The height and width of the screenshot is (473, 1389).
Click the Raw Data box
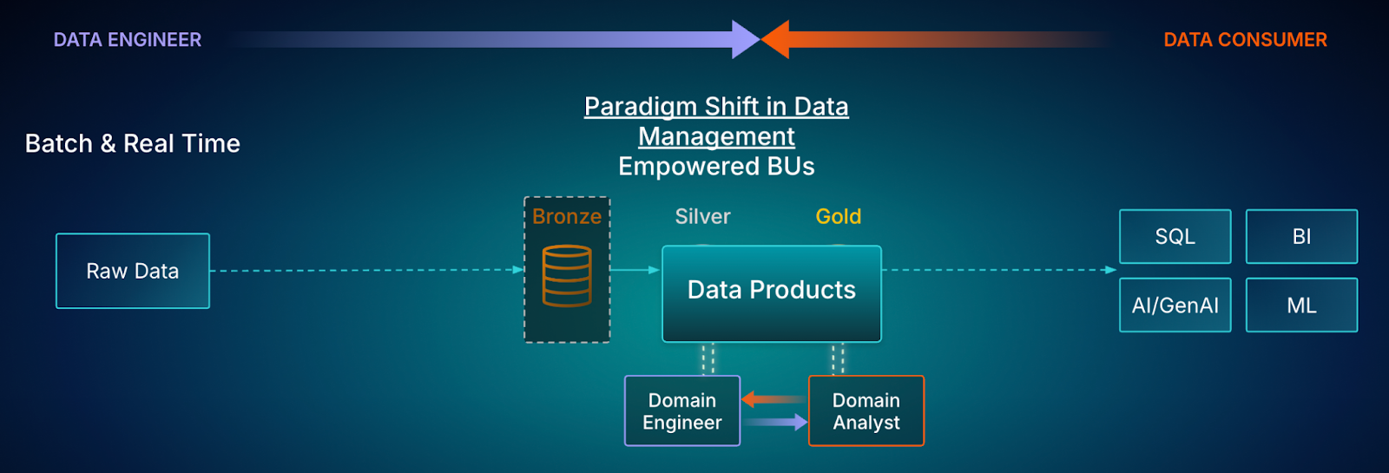click(133, 271)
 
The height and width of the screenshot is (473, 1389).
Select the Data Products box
click(772, 294)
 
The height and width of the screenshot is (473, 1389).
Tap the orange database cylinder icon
click(567, 276)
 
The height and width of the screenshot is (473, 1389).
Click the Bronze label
click(567, 216)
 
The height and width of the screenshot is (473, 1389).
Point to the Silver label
click(702, 216)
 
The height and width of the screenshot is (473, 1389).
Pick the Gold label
click(839, 216)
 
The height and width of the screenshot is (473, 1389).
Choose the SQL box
click(1175, 236)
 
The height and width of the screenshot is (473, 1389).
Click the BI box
click(1301, 236)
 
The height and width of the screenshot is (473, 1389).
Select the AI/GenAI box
click(1175, 305)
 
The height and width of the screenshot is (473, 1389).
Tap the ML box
click(1301, 305)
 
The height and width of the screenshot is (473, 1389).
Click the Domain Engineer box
click(682, 411)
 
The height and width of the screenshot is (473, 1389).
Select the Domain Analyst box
click(866, 411)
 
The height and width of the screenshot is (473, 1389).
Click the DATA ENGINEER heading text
click(127, 40)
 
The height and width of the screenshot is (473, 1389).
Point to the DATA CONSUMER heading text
click(1245, 40)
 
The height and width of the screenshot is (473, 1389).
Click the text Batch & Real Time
click(133, 144)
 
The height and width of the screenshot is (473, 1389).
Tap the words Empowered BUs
click(716, 166)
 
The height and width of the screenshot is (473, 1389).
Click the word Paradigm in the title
click(641, 107)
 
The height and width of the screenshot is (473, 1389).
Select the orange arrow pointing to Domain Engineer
click(774, 399)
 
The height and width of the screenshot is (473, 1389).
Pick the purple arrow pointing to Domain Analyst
click(775, 422)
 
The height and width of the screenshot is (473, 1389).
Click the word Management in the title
click(717, 136)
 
